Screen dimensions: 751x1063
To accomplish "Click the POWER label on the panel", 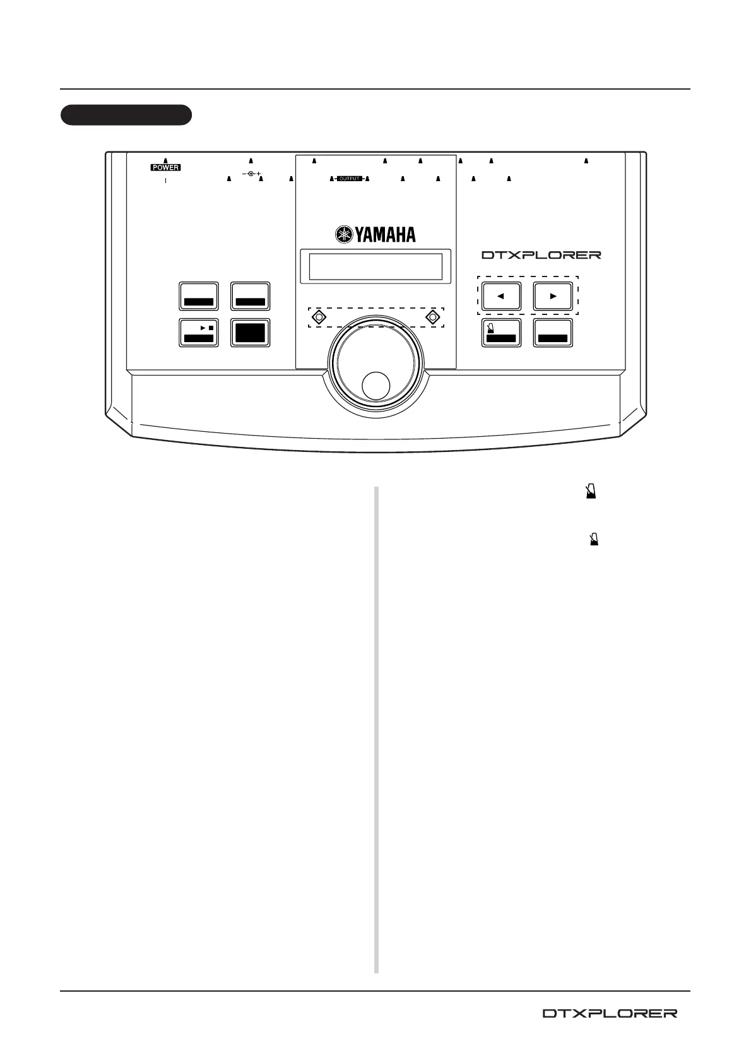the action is point(165,168).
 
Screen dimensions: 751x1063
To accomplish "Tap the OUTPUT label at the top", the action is point(349,179).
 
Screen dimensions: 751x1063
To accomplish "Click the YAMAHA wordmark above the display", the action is point(384,235).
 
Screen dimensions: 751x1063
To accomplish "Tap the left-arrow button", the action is point(501,295).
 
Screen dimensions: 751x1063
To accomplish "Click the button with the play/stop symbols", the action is point(199,333).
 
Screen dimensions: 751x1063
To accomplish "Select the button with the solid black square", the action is point(251,333).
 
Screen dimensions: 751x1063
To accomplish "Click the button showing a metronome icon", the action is point(501,333).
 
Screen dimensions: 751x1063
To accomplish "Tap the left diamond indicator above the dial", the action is point(320,317).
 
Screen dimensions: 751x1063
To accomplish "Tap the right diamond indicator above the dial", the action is point(432,317).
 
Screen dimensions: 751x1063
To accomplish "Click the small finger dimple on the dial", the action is point(376,386).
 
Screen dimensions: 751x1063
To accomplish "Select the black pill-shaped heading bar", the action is point(126,116).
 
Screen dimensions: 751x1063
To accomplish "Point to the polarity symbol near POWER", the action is point(251,174).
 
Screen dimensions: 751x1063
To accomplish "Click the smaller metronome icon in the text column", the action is point(594,540).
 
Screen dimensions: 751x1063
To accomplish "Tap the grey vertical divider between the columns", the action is point(377,729).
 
